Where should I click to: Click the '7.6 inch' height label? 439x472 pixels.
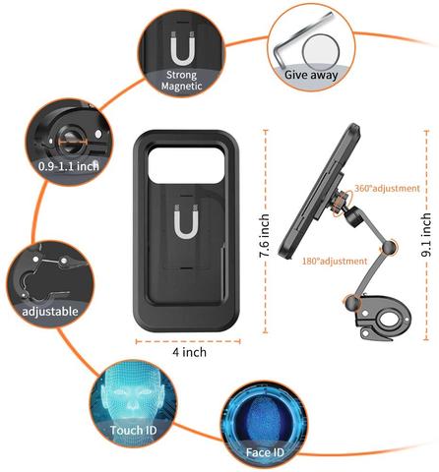265,235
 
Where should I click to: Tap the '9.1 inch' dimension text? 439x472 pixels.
426,235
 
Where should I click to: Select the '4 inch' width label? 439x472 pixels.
190,352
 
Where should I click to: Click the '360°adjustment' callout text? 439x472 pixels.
387,189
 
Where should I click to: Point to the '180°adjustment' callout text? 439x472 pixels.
335,262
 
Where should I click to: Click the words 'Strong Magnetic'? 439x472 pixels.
181,81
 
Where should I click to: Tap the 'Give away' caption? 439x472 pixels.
311,75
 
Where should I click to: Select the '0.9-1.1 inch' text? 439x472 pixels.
69,166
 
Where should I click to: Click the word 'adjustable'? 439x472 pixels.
50,311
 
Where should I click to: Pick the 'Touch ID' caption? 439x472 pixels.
133,430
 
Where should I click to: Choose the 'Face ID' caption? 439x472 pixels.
265,452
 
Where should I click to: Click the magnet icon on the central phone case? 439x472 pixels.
186,221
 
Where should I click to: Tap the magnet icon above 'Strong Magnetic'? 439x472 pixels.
183,48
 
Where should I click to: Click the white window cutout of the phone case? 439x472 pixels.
186,164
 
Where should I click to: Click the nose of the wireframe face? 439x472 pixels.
133,402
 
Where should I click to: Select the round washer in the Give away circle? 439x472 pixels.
321,52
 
